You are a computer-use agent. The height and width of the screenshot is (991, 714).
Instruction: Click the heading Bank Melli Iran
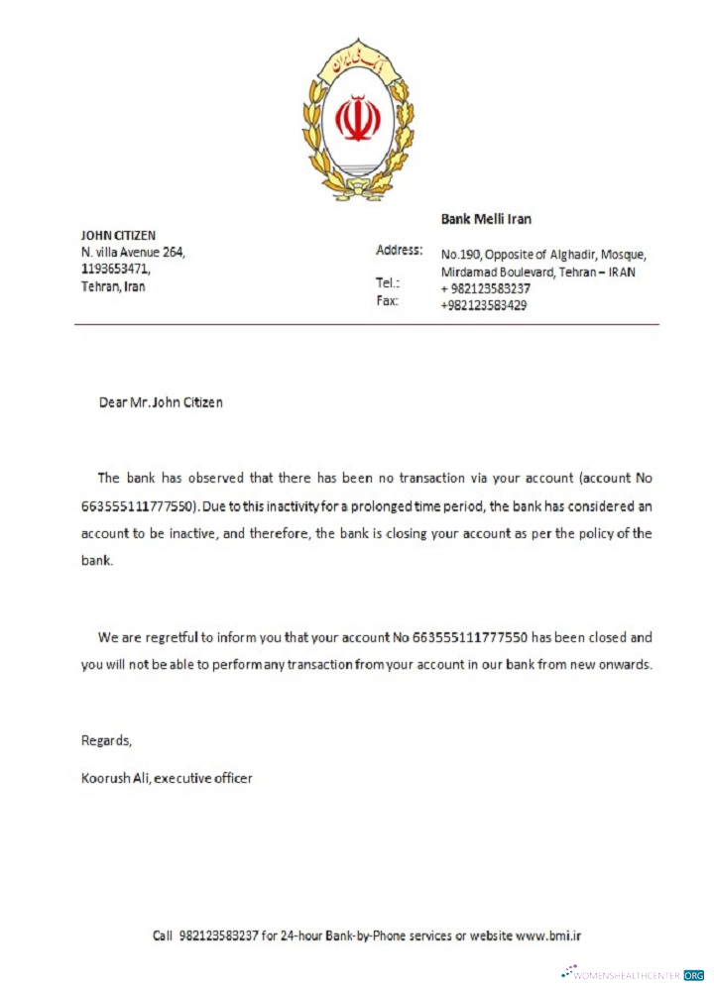click(486, 219)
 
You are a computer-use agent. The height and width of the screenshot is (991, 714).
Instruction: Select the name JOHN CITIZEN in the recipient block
click(118, 236)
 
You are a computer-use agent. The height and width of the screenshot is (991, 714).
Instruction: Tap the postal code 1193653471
click(115, 270)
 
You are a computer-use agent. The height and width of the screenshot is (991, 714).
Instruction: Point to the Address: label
click(400, 250)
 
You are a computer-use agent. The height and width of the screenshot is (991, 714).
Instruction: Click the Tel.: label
click(388, 283)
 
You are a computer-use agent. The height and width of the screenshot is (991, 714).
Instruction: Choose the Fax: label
click(387, 300)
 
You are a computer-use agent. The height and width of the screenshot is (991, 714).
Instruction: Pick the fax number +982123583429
click(483, 305)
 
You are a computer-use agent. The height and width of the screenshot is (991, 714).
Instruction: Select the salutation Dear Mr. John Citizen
click(161, 402)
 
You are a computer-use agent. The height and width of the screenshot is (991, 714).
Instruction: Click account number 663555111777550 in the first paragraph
click(140, 504)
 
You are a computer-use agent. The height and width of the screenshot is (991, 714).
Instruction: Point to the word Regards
click(106, 740)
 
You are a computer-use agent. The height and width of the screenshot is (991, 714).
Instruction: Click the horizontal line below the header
click(366, 324)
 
